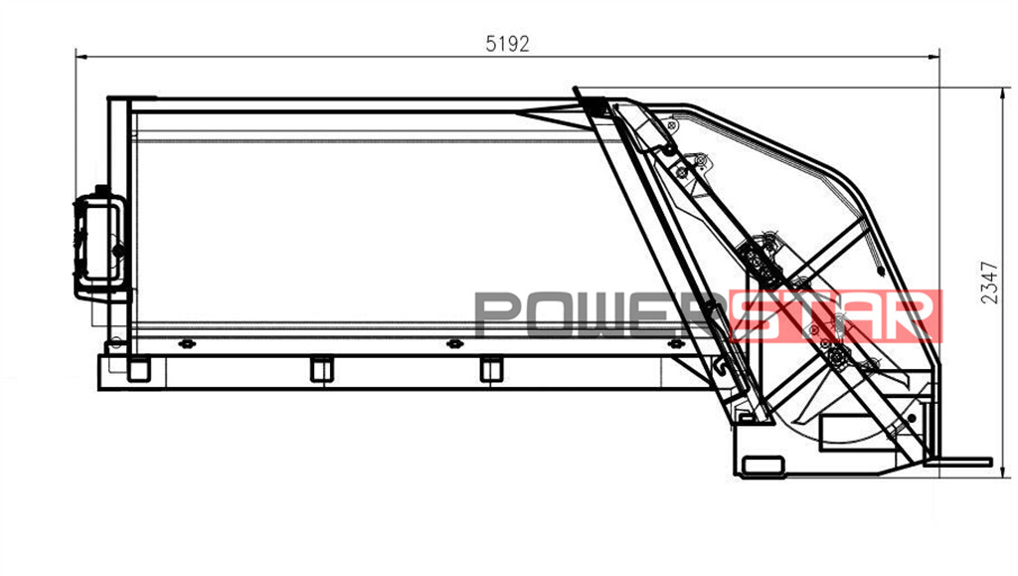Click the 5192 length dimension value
(507, 44)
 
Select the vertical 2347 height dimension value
(988, 282)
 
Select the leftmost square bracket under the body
(138, 369)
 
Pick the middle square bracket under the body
(320, 369)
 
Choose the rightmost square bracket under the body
(490, 369)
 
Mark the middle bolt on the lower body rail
(454, 344)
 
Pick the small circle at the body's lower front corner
(116, 342)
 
